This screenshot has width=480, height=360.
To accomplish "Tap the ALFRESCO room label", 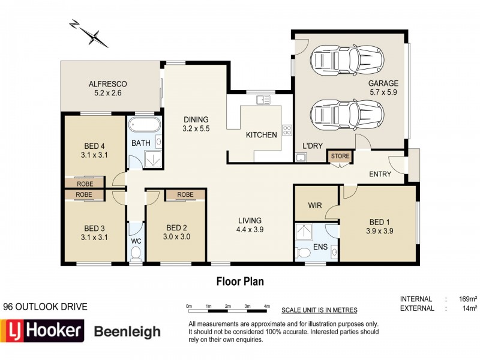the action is coord(108,84).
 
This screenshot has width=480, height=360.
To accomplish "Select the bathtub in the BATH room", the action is coord(145,125).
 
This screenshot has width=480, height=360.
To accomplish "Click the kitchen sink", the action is coord(263,100).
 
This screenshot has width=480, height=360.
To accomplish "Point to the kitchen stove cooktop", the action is coord(287,130).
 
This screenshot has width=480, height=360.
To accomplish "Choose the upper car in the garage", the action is coord(347,61).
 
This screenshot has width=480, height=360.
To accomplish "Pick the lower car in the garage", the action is coord(347,115).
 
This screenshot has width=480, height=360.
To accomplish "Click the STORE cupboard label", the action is coord(340,156).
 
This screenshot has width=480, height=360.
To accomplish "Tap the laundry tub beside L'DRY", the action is coord(301,157).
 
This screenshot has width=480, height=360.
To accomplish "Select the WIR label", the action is coord(315,205).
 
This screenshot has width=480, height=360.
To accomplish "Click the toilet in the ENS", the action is coord(302,253).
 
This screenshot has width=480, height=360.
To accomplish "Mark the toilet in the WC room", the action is coord(136,253).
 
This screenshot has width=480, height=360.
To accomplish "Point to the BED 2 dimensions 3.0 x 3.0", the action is coord(176,236).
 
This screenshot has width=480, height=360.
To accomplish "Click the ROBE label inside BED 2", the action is coord(185,194).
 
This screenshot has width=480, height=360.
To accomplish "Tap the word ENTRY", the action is coord(380,174).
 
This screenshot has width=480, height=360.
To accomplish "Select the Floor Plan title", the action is coord(240,281).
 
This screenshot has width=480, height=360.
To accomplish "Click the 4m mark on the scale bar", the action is coord(267,306).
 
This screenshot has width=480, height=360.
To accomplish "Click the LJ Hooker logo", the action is coord(42,331).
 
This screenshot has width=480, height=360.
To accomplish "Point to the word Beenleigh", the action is coord(127,332).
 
